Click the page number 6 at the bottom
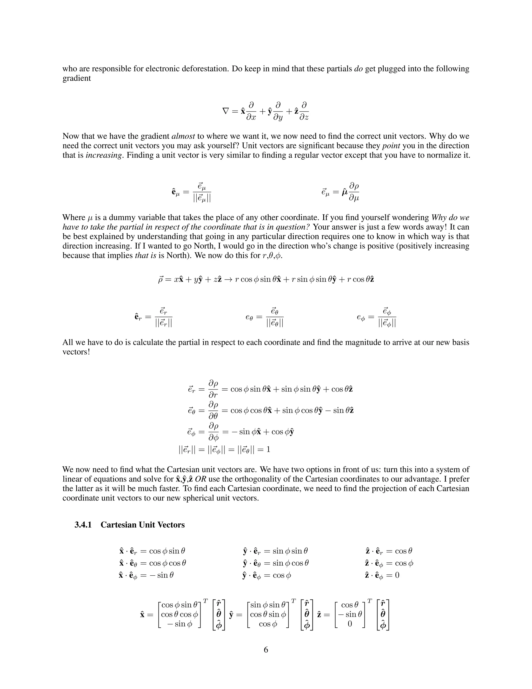pos(266,650)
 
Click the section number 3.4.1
pos(83,525)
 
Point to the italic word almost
pos(183,136)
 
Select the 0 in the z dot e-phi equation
pos(397,575)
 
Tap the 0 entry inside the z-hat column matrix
pos(350,624)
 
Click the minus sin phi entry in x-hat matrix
pos(179,624)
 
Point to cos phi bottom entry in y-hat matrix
pos(268,624)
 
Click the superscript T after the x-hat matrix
pos(205,601)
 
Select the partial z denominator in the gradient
pos(304,117)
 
